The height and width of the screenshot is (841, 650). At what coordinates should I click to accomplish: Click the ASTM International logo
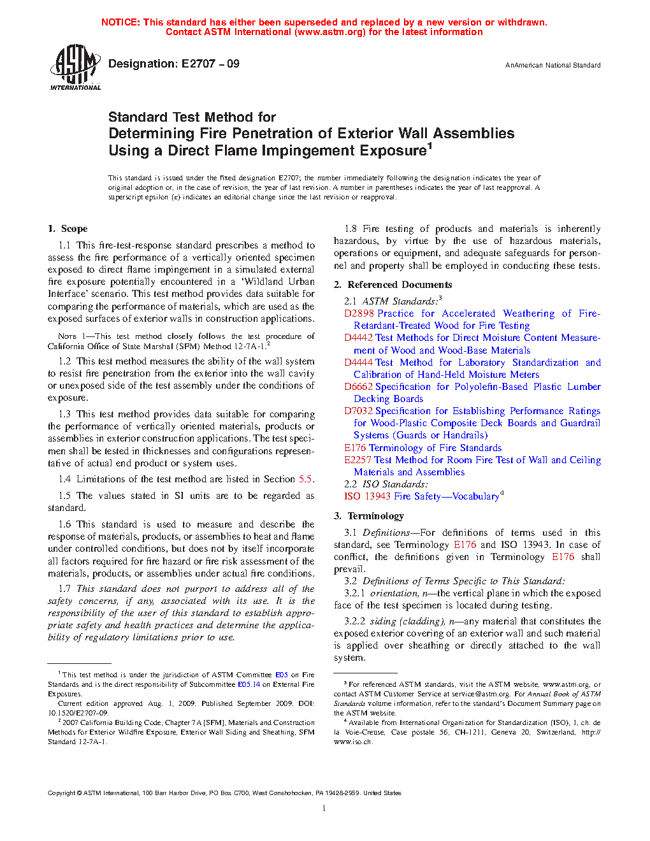coord(75,67)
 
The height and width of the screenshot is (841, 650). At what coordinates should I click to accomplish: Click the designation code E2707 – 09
coord(210,64)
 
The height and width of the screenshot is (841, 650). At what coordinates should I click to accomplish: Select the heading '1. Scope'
coord(68,229)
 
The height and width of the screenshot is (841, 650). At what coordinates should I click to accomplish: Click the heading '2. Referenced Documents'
coord(393,285)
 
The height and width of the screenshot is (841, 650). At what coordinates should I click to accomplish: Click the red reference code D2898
coord(358,313)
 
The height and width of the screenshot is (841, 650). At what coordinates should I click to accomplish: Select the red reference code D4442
coord(358,338)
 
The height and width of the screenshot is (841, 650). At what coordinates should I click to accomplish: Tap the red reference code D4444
coord(358,363)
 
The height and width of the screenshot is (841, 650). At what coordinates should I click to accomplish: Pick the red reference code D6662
coord(358,387)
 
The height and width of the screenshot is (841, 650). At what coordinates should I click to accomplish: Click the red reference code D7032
coord(358,411)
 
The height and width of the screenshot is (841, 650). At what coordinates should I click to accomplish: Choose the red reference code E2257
coord(357,460)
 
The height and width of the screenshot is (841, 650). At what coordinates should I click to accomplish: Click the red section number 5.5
coord(305,479)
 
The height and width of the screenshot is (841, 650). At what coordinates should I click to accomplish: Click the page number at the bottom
coord(324,809)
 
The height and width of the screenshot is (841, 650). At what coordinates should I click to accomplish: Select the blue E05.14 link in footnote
coord(249,684)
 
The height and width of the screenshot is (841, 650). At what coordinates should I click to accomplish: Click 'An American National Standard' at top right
coord(552,65)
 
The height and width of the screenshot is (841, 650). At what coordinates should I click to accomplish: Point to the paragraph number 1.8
coord(350,229)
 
